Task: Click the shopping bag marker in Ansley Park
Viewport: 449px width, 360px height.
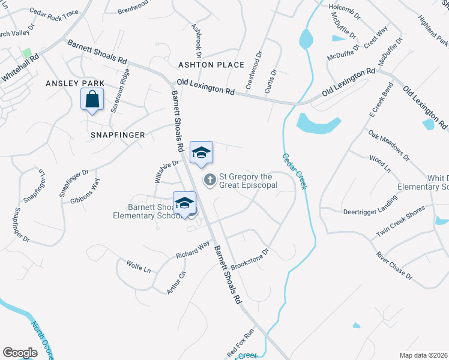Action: pos(92,99)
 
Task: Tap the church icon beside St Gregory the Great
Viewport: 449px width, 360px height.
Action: pos(210,179)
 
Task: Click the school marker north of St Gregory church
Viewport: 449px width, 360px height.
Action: pos(202,152)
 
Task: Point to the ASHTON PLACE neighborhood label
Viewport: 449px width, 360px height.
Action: pos(211,65)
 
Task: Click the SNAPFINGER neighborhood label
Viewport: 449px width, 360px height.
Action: pos(118,135)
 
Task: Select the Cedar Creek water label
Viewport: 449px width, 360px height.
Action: pos(294,172)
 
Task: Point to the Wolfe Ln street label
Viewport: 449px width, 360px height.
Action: pos(138,266)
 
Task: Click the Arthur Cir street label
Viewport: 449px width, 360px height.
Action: pos(178,282)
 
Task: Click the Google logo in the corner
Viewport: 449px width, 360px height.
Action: pos(20,353)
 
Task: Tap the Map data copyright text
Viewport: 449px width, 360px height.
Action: pos(423,355)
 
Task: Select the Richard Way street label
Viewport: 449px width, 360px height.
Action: pos(193,250)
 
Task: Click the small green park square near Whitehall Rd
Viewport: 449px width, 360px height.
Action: pos(26,53)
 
